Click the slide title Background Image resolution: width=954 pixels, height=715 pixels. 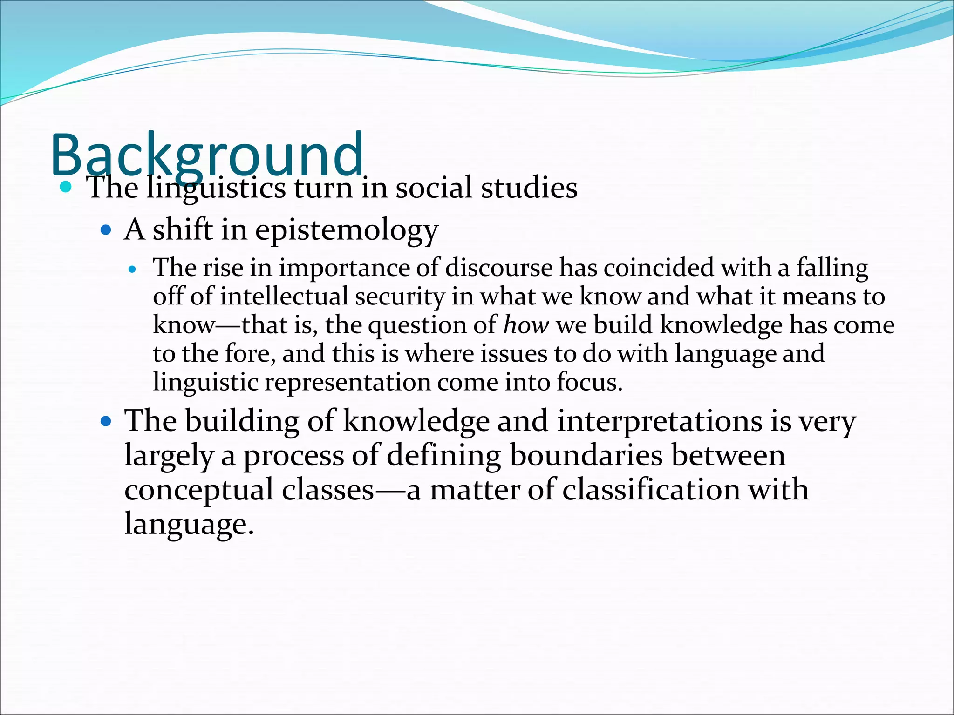207,155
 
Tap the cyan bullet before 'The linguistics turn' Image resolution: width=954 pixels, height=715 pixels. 66,188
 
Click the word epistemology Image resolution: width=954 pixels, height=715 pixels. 347,230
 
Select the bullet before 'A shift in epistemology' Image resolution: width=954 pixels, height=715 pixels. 106,230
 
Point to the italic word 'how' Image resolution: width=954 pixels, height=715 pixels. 526,324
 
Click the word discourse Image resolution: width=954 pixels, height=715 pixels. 499,268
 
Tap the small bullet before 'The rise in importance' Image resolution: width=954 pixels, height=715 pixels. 133,269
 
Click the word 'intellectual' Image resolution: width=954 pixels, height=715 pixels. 284,297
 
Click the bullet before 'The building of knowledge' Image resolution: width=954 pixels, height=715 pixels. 106,422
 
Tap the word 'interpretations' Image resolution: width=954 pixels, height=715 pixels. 659,421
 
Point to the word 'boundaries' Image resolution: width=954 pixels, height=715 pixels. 586,455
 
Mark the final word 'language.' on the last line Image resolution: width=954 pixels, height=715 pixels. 189,524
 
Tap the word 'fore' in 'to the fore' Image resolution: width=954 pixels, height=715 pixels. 249,353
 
